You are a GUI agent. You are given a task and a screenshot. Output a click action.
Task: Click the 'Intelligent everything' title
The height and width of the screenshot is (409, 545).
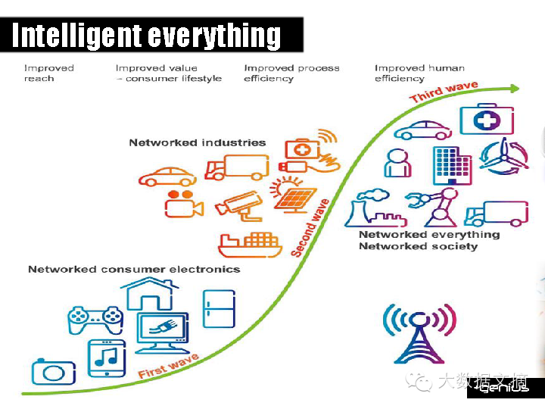(x=147, y=35)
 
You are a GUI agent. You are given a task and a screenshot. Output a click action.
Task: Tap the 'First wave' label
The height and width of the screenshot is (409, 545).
(x=168, y=366)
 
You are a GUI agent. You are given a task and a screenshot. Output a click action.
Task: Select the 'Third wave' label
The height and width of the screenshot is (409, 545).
(x=444, y=92)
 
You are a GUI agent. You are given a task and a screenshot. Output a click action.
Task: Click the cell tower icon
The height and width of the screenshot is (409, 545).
(x=419, y=333)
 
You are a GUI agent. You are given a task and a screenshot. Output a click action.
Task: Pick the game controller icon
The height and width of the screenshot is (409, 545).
(x=95, y=320)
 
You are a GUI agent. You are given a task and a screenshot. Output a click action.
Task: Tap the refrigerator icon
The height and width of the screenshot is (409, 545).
(x=219, y=308)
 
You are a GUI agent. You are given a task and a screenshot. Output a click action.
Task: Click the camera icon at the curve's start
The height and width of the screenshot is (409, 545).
(x=54, y=372)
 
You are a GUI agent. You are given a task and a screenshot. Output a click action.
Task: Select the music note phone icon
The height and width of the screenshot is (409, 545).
(x=107, y=357)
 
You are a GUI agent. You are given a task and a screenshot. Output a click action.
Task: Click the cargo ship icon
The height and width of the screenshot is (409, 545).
(x=250, y=244)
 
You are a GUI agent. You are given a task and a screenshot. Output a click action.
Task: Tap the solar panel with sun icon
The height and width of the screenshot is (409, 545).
(x=294, y=195)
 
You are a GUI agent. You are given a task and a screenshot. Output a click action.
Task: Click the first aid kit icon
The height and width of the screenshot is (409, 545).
(x=487, y=119)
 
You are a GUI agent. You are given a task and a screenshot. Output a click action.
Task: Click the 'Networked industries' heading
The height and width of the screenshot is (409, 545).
(x=197, y=142)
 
